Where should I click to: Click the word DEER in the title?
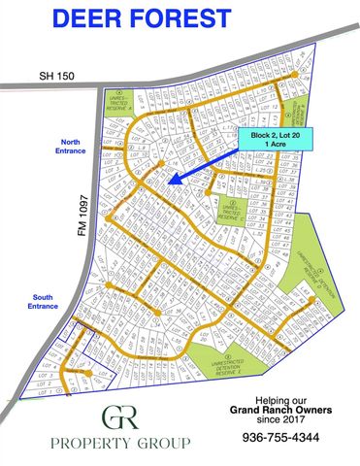point(107,18)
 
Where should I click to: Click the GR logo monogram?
point(120,416)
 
